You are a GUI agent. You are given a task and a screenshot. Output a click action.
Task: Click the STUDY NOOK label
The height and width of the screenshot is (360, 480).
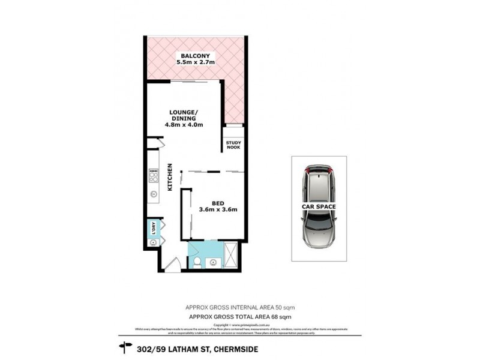click(233, 146)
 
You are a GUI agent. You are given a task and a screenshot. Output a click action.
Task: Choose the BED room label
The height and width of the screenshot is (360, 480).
click(218, 202)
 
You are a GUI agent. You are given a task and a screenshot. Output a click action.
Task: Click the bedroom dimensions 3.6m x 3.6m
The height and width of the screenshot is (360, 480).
click(218, 209)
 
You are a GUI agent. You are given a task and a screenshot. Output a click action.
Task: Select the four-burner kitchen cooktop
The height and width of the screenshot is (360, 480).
click(153, 175)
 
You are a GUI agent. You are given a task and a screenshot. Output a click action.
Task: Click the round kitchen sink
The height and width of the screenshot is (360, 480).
click(153, 194)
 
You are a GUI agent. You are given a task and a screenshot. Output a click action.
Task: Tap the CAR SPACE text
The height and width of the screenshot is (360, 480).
click(319, 206)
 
